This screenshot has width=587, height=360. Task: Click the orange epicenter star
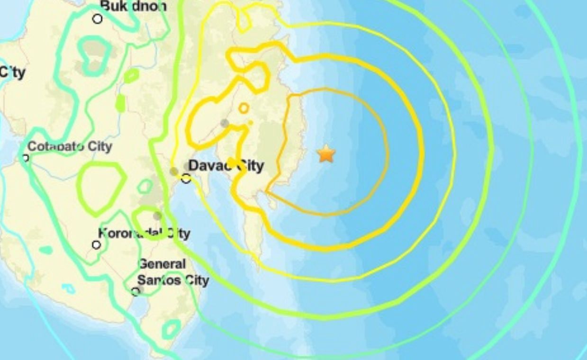[x=326, y=154]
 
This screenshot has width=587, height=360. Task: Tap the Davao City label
[x=226, y=166]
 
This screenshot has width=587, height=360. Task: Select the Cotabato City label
[x=70, y=146]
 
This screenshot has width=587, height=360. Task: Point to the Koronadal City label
[x=144, y=233]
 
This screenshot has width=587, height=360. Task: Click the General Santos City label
[x=172, y=272]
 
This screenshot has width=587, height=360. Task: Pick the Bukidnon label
[x=134, y=6]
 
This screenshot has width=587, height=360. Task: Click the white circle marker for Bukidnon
[x=98, y=19]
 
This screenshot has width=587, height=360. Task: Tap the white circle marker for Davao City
[x=186, y=179]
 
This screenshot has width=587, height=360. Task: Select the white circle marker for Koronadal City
[x=97, y=245]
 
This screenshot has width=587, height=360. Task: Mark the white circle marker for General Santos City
[x=136, y=291]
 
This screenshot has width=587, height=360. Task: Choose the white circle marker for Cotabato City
[x=26, y=158]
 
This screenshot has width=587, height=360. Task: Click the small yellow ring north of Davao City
[x=244, y=108]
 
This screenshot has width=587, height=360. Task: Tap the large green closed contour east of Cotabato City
[x=101, y=188]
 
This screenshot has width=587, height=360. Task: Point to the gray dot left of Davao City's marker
[x=174, y=171]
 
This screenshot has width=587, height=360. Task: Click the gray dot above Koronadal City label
[x=157, y=216]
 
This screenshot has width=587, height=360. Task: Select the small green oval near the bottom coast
[x=171, y=329]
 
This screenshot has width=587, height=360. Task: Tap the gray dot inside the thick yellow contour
[x=225, y=123]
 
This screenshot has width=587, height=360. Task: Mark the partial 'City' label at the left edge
[x=12, y=72]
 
